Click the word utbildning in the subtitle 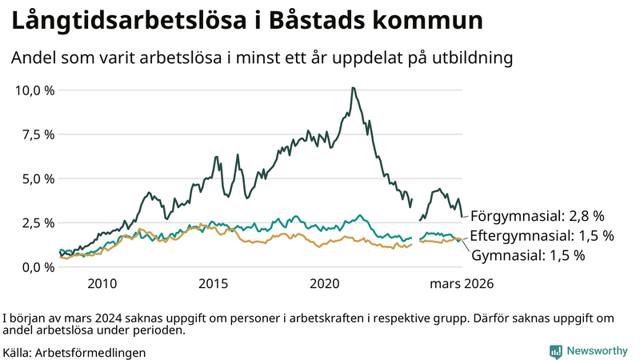pyautogui.click(x=469, y=58)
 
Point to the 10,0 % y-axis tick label pyautogui.click(x=34, y=90)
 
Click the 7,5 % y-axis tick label pyautogui.click(x=38, y=134)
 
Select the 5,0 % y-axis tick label pyautogui.click(x=38, y=178)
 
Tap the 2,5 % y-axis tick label pyautogui.click(x=38, y=222)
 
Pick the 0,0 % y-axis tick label pyautogui.click(x=38, y=266)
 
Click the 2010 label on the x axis pyautogui.click(x=102, y=284)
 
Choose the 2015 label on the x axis pyautogui.click(x=214, y=284)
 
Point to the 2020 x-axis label pyautogui.click(x=326, y=284)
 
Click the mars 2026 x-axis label pyautogui.click(x=462, y=284)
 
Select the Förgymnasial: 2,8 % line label pyautogui.click(x=537, y=216)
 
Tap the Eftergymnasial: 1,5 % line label pyautogui.click(x=542, y=236)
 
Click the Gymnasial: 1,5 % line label pyautogui.click(x=528, y=256)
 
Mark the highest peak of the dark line pyautogui.click(x=353, y=88)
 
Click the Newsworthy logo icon pyautogui.click(x=555, y=351)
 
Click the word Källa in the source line pyautogui.click(x=18, y=352)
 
